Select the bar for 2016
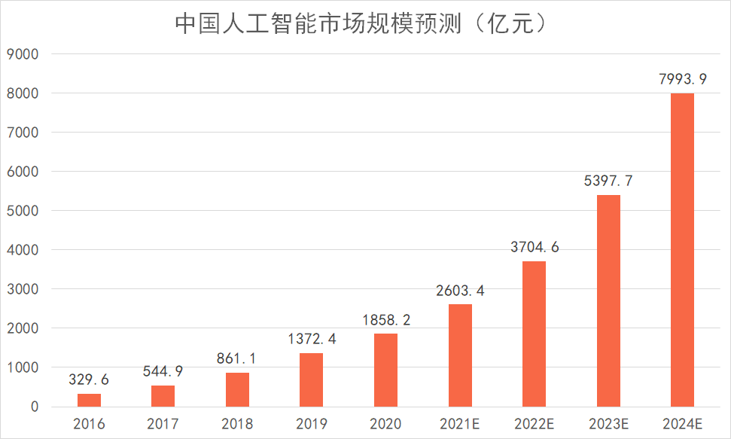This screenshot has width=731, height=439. click(89, 400)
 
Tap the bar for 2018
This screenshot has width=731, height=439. click(237, 389)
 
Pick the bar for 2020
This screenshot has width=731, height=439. click(385, 370)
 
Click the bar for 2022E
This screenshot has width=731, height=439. click(534, 334)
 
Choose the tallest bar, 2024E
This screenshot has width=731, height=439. click(682, 250)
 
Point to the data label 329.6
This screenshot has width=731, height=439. click(89, 380)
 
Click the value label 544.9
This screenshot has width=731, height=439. click(163, 371)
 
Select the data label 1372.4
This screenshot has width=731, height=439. click(311, 339)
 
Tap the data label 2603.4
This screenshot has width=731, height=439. click(459, 291)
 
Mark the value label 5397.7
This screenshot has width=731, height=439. click(608, 181)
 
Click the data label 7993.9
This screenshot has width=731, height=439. click(682, 78)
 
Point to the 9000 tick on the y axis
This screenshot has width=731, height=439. click(23, 54)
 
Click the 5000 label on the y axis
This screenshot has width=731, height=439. click(23, 211)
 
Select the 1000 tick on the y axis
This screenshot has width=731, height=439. click(23, 367)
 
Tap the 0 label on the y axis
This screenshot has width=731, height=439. click(35, 407)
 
